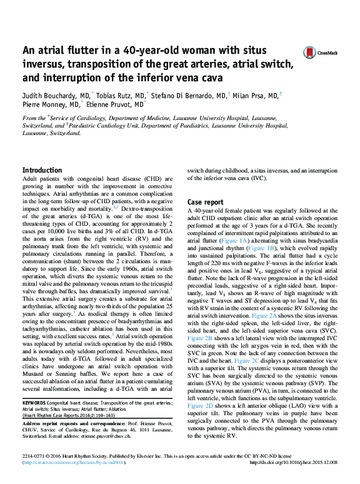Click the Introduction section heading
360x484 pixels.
tap(42, 170)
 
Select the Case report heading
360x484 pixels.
tap(206, 202)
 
